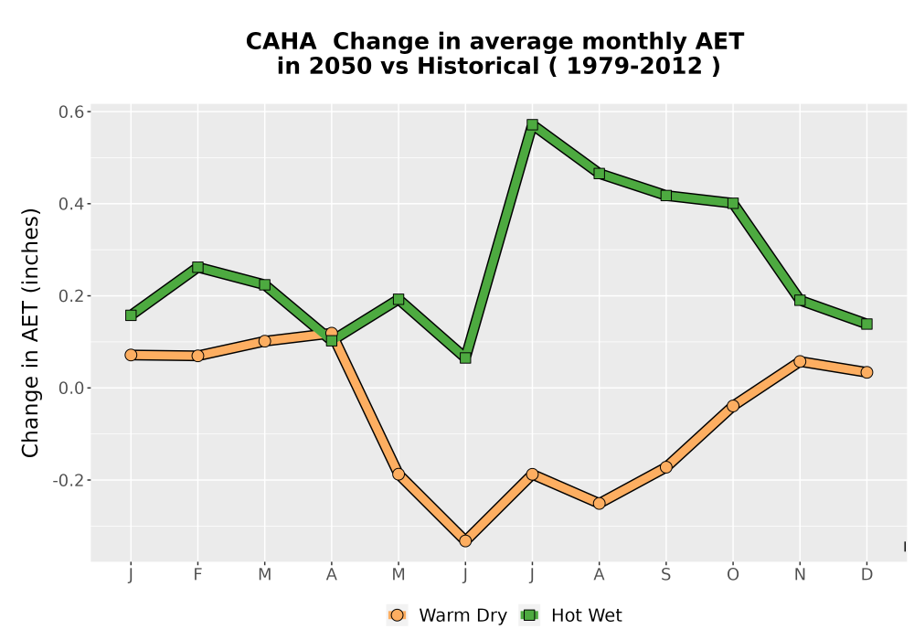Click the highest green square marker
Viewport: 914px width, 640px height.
coord(532,124)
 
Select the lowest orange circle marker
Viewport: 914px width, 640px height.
coord(465,541)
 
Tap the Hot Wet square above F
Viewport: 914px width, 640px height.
coord(197,268)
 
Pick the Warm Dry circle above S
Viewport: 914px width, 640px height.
coord(666,467)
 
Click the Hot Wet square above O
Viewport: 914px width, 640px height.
coord(733,203)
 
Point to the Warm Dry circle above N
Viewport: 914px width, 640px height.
coord(800,361)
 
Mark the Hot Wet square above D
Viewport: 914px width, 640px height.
coord(866,324)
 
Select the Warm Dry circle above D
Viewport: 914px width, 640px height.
coord(866,372)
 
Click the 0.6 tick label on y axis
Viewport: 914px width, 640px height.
coord(70,112)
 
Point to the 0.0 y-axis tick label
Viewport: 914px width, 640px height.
coord(70,389)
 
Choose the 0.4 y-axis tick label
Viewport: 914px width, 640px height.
coord(70,204)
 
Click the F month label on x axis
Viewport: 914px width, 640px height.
coord(197,575)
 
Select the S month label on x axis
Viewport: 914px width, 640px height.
coord(666,575)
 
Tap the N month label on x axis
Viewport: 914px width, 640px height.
coord(800,575)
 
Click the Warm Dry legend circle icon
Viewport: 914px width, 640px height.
coord(397,615)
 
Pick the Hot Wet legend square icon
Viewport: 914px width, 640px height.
coord(529,615)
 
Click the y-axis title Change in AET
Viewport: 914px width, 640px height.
coord(30,333)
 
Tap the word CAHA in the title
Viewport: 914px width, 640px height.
coord(281,42)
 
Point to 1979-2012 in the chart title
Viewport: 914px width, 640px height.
coord(634,66)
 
